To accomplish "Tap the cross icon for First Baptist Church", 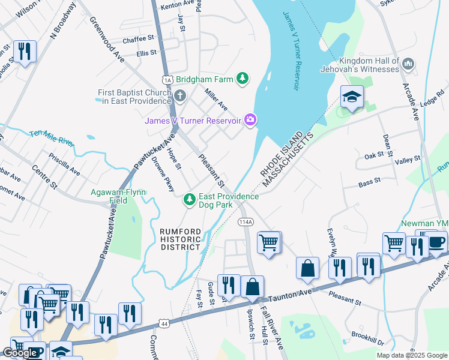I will coord(179,95).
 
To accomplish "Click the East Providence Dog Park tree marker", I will coord(190,199).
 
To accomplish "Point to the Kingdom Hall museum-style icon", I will coord(408,64).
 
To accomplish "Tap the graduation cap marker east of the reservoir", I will coord(352,97).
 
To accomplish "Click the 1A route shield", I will coord(167,79).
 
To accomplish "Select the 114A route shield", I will coord(245,222).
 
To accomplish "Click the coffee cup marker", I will coord(436,243).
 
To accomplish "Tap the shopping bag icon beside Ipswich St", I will coord(253,285).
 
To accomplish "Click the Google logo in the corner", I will coord(20,353).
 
